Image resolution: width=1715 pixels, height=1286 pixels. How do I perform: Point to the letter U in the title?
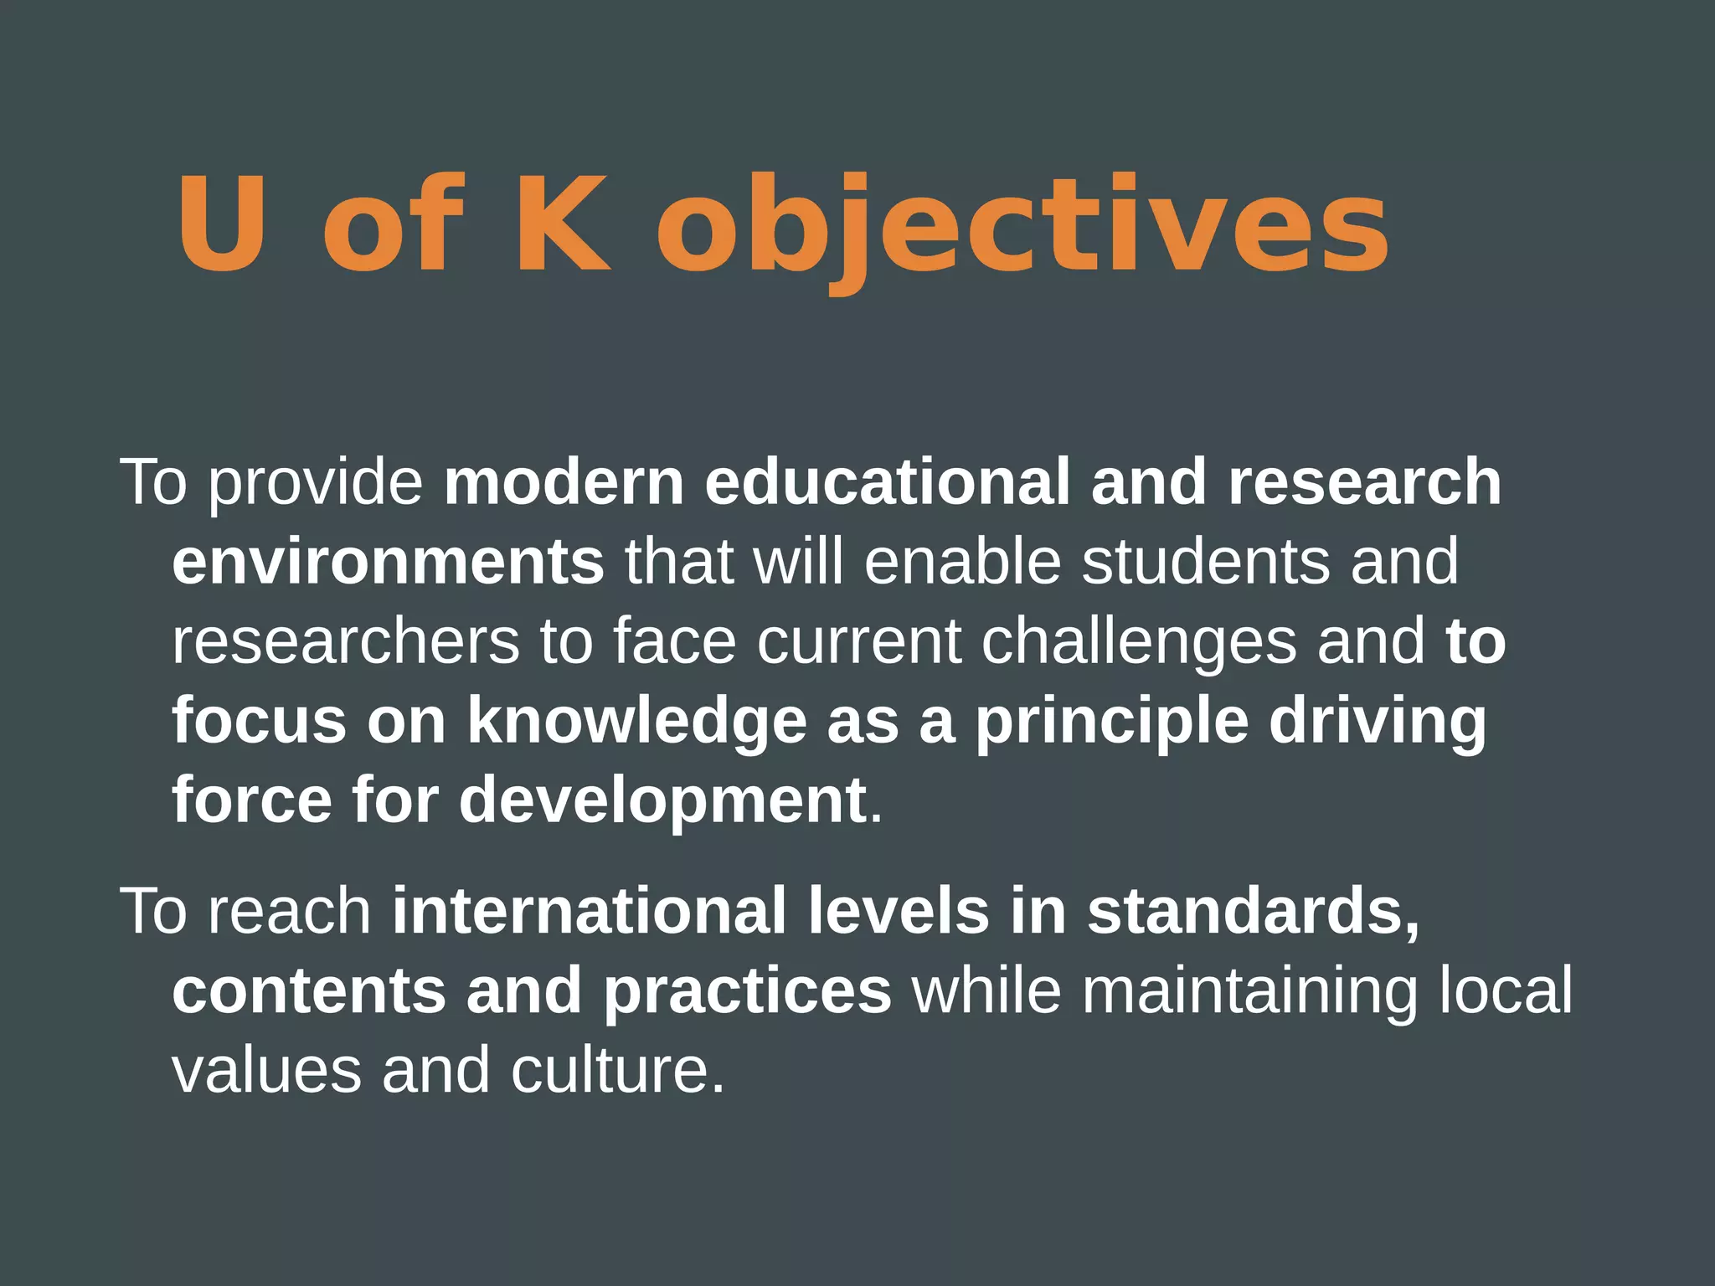[222, 224]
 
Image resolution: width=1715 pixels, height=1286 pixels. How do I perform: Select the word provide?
[316, 483]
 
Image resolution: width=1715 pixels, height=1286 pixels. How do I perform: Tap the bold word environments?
[388, 562]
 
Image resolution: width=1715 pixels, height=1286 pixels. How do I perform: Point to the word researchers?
[346, 641]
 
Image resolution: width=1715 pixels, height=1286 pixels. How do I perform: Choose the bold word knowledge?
[636, 722]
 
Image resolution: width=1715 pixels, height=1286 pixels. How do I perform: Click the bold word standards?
[1253, 912]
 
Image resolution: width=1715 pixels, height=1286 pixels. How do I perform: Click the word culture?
[617, 1071]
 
